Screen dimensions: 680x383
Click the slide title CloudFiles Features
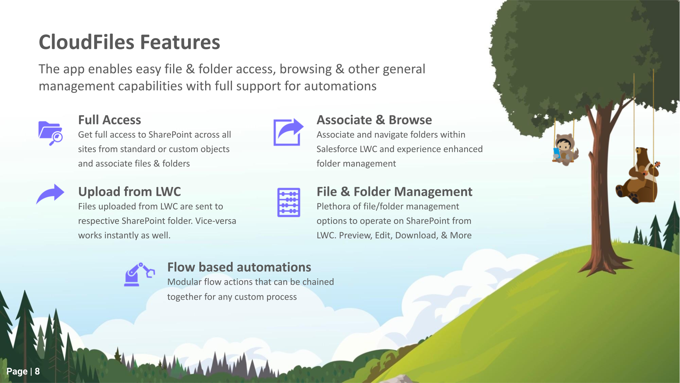(x=129, y=42)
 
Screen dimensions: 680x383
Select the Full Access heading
(x=109, y=120)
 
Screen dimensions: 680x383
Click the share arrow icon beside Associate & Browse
(x=288, y=132)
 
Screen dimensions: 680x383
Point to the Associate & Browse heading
(x=374, y=120)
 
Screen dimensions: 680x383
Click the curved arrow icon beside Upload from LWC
(x=50, y=194)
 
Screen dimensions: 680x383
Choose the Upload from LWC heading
(x=129, y=191)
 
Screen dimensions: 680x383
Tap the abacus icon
(x=289, y=202)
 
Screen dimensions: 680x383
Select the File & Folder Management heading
(x=394, y=191)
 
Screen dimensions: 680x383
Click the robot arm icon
(x=139, y=274)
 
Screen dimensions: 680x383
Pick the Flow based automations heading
(x=239, y=267)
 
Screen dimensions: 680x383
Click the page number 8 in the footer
(x=37, y=371)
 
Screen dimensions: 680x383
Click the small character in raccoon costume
(x=566, y=149)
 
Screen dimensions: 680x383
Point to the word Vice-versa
(x=216, y=221)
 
